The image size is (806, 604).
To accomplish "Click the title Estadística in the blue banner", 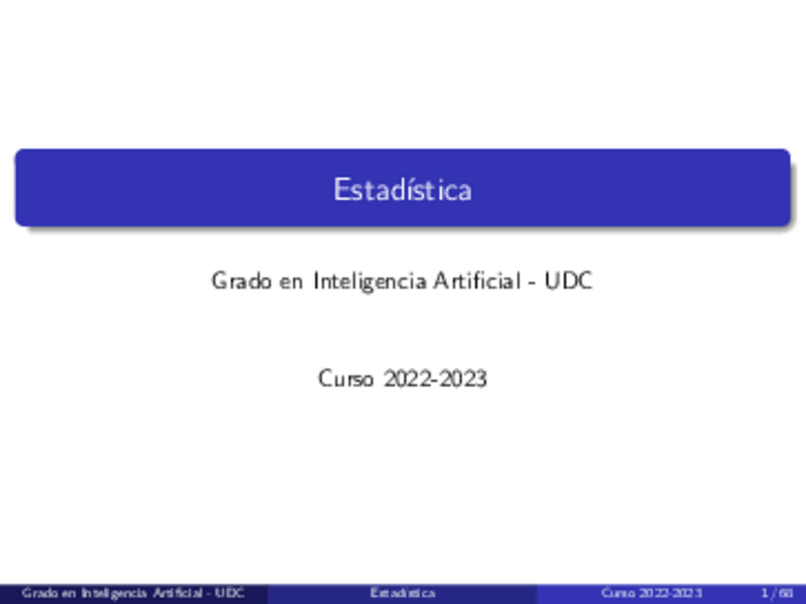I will (402, 189).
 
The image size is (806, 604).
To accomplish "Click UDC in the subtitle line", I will (569, 282).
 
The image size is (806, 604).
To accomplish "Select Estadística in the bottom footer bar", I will (403, 594).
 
